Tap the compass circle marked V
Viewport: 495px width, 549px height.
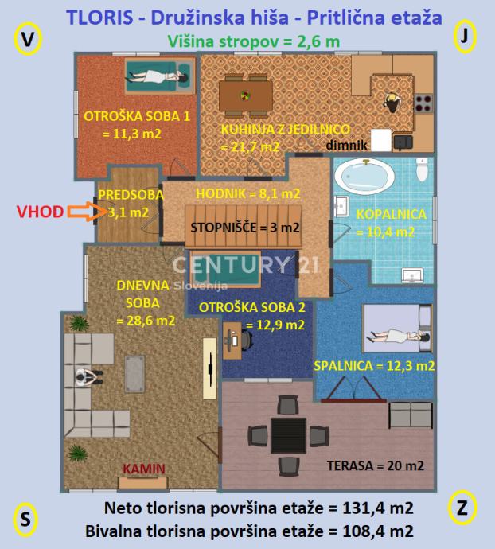tap(28, 39)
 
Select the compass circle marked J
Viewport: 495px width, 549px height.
tap(465, 37)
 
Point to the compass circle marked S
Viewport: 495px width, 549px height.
tap(25, 520)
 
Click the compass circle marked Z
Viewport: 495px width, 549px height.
tap(462, 508)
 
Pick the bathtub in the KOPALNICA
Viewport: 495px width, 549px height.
tap(364, 176)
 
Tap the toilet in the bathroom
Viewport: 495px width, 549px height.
tap(422, 169)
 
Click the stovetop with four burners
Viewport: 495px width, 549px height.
tap(423, 103)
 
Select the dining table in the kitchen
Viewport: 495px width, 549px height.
tap(246, 95)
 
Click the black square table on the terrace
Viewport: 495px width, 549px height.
tap(288, 435)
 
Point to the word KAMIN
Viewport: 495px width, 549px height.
tap(144, 469)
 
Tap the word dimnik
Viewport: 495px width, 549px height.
tap(346, 145)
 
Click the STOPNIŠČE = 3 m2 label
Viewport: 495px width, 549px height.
tap(245, 228)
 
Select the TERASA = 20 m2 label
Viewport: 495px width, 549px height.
tap(376, 465)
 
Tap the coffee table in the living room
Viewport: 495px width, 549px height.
tap(134, 374)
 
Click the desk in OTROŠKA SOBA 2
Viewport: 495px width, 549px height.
tap(232, 341)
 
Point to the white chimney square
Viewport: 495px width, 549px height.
tap(381, 140)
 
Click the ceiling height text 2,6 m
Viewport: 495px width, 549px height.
tap(318, 41)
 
